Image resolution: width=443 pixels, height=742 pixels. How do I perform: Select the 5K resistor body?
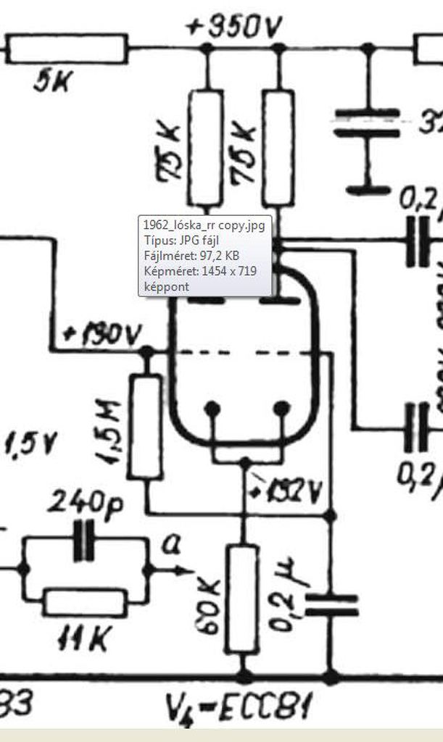tap(67, 49)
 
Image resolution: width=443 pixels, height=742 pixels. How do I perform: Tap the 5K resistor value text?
tap(52, 83)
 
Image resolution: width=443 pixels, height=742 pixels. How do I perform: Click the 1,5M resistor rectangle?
tap(145, 427)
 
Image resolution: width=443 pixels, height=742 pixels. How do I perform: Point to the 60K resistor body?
tap(241, 600)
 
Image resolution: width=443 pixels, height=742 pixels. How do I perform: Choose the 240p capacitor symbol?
tap(83, 542)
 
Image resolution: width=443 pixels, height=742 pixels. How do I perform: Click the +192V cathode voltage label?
tap(284, 491)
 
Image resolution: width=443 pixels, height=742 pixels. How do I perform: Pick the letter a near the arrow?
tap(172, 545)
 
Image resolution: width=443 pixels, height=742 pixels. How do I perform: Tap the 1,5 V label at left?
tap(31, 443)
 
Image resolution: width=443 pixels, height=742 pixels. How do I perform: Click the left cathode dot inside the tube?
tap(212, 409)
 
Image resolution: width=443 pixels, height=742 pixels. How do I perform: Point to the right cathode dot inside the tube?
tap(281, 409)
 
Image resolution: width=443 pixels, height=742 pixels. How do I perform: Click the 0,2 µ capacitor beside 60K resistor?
tap(331, 605)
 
